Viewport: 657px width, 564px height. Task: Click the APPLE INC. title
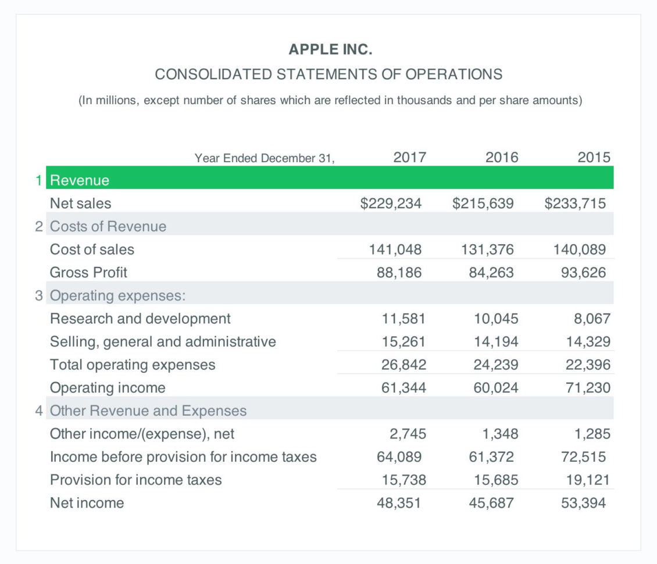[330, 50]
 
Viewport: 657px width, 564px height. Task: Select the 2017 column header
[409, 157]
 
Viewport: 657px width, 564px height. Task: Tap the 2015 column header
[594, 157]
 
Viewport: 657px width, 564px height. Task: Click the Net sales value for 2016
[483, 203]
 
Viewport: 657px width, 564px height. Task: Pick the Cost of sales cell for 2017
[395, 249]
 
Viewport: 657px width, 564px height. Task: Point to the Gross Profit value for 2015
[583, 272]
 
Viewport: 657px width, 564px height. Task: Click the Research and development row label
[140, 319]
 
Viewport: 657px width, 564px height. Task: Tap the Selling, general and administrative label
[163, 341]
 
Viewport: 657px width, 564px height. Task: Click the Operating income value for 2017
[404, 387]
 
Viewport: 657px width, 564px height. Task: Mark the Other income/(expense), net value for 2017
[408, 434]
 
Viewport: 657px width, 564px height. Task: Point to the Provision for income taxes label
[135, 480]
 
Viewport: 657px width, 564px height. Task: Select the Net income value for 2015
[583, 502]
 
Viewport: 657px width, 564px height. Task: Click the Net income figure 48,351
[399, 502]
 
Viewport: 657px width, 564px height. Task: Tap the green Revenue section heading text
[80, 180]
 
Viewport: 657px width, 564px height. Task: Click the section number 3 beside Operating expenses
[38, 295]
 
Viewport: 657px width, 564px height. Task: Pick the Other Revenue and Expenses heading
[148, 410]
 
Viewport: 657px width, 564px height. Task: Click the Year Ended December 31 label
[265, 158]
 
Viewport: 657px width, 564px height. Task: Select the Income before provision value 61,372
[491, 456]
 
